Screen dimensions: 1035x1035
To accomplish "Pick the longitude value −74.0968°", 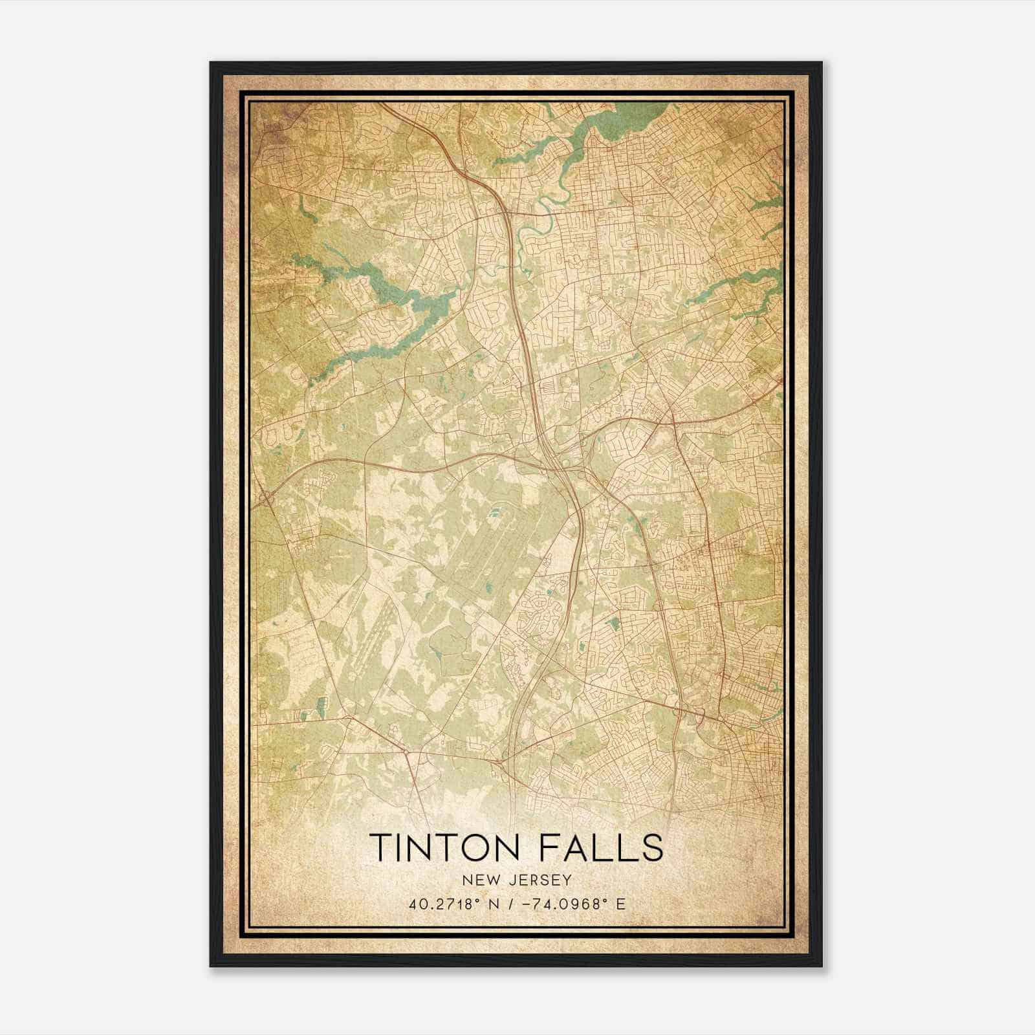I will (x=567, y=904).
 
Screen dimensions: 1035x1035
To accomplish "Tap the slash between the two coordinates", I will (x=516, y=904).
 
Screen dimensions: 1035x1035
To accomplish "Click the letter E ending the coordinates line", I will (x=621, y=904).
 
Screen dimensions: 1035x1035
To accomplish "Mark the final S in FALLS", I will (x=653, y=847).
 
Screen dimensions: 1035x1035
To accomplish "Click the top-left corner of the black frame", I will (x=212, y=63).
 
